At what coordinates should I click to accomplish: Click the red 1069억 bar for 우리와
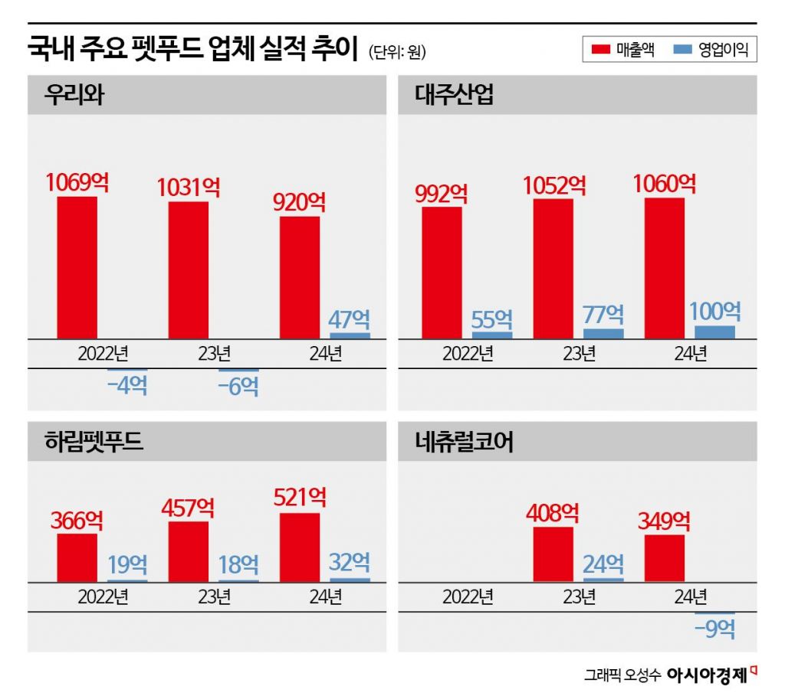tap(77, 267)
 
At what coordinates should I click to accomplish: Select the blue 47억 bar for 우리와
tap(350, 335)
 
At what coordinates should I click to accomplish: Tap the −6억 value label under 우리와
tap(238, 387)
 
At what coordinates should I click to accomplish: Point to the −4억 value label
tap(127, 384)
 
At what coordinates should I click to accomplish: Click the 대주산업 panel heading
tap(455, 95)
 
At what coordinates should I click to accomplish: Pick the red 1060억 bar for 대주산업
tap(665, 267)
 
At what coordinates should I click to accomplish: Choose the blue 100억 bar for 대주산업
tap(714, 332)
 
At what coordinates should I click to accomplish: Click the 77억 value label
tap(603, 315)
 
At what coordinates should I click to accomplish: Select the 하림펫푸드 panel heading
tap(94, 442)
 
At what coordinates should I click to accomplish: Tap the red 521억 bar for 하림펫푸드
tap(299, 547)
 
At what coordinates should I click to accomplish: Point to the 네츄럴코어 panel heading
tap(465, 442)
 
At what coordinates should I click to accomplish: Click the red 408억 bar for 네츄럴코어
tap(553, 554)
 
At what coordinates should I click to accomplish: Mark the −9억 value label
tap(714, 629)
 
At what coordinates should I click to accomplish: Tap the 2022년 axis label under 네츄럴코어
tap(468, 596)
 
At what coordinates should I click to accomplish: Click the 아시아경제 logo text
tap(707, 675)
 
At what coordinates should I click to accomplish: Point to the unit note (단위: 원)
tap(397, 52)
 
